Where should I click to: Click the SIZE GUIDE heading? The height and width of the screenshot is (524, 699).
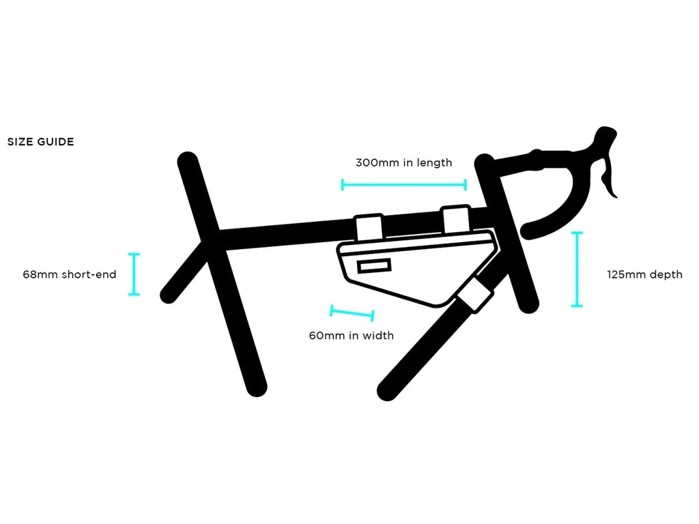pyautogui.click(x=40, y=142)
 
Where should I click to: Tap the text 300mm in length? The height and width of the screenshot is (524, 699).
pyautogui.click(x=403, y=162)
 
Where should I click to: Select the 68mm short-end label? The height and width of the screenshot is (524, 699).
pyautogui.click(x=69, y=274)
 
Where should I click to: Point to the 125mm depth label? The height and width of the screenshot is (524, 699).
pyautogui.click(x=644, y=274)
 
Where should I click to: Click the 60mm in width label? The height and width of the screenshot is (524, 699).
pyautogui.click(x=351, y=335)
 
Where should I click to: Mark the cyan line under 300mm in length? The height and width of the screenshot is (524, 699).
pyautogui.click(x=403, y=184)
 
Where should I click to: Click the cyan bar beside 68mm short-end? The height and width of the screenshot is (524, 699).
pyautogui.click(x=134, y=274)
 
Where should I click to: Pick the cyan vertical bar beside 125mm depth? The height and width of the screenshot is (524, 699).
pyautogui.click(x=577, y=270)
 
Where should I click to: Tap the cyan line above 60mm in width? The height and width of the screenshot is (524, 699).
pyautogui.click(x=352, y=313)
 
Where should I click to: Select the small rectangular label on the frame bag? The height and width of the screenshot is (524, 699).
pyautogui.click(x=374, y=265)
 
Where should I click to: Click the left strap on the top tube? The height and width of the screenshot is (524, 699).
pyautogui.click(x=368, y=227)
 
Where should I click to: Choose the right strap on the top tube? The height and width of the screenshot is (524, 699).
pyautogui.click(x=455, y=218)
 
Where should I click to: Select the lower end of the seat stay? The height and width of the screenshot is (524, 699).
pyautogui.click(x=168, y=295)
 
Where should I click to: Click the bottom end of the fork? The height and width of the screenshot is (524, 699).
pyautogui.click(x=529, y=304)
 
